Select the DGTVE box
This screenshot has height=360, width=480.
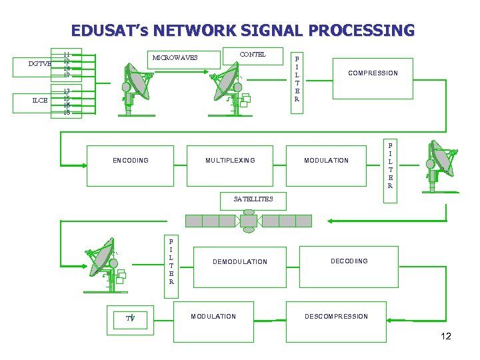(x=39, y=65)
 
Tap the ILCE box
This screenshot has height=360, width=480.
(x=39, y=101)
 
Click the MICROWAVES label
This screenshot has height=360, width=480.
(x=175, y=57)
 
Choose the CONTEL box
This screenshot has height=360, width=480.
(x=252, y=55)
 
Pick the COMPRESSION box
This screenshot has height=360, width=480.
(x=373, y=73)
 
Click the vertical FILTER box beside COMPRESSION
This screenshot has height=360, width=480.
(x=297, y=78)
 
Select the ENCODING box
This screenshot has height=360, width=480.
(x=131, y=161)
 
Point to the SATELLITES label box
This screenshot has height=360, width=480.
(x=253, y=199)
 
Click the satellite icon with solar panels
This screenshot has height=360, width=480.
(x=249, y=221)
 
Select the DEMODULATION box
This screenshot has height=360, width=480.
(x=239, y=262)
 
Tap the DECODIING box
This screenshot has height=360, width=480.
(x=349, y=261)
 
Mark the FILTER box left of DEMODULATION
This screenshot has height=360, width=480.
(x=171, y=262)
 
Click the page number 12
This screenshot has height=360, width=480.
(x=445, y=336)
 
